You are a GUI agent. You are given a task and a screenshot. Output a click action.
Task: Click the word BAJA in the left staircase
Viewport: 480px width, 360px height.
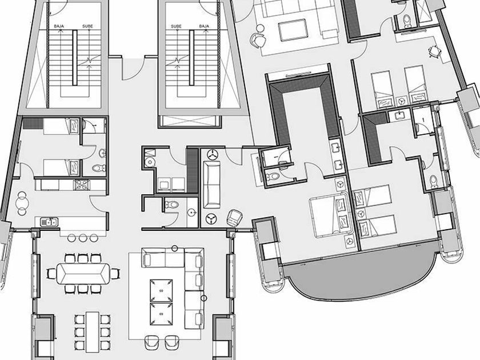[59, 26]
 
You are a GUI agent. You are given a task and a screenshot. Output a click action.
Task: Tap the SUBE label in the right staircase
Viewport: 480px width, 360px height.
[176, 26]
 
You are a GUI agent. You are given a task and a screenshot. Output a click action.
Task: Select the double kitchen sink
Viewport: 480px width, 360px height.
[49, 222]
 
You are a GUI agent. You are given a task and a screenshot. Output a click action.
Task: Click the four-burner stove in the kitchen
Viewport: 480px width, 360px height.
[81, 185]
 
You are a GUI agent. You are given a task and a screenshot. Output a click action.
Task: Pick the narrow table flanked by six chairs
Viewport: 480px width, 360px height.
[93, 332]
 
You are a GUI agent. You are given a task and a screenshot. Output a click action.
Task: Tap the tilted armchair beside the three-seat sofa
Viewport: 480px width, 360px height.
[234, 217]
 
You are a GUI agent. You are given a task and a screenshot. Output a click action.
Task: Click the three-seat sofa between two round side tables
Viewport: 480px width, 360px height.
[211, 185]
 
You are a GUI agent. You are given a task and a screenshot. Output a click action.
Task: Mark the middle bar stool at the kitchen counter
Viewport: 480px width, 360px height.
[83, 238]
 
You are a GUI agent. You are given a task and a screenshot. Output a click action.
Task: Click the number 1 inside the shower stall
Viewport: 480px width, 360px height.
[423, 120]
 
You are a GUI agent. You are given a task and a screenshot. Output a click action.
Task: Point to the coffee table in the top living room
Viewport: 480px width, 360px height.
[293, 30]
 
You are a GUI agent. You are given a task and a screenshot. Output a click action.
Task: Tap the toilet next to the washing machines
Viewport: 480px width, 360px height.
[149, 162]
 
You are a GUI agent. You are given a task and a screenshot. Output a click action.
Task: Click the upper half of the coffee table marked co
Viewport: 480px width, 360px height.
[161, 290]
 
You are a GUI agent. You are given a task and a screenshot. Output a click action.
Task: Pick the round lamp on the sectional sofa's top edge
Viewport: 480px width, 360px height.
[174, 249]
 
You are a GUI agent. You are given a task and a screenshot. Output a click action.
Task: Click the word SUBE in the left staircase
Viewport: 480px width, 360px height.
[87, 26]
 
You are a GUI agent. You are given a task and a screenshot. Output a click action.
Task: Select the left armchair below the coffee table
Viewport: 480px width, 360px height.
[151, 342]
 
